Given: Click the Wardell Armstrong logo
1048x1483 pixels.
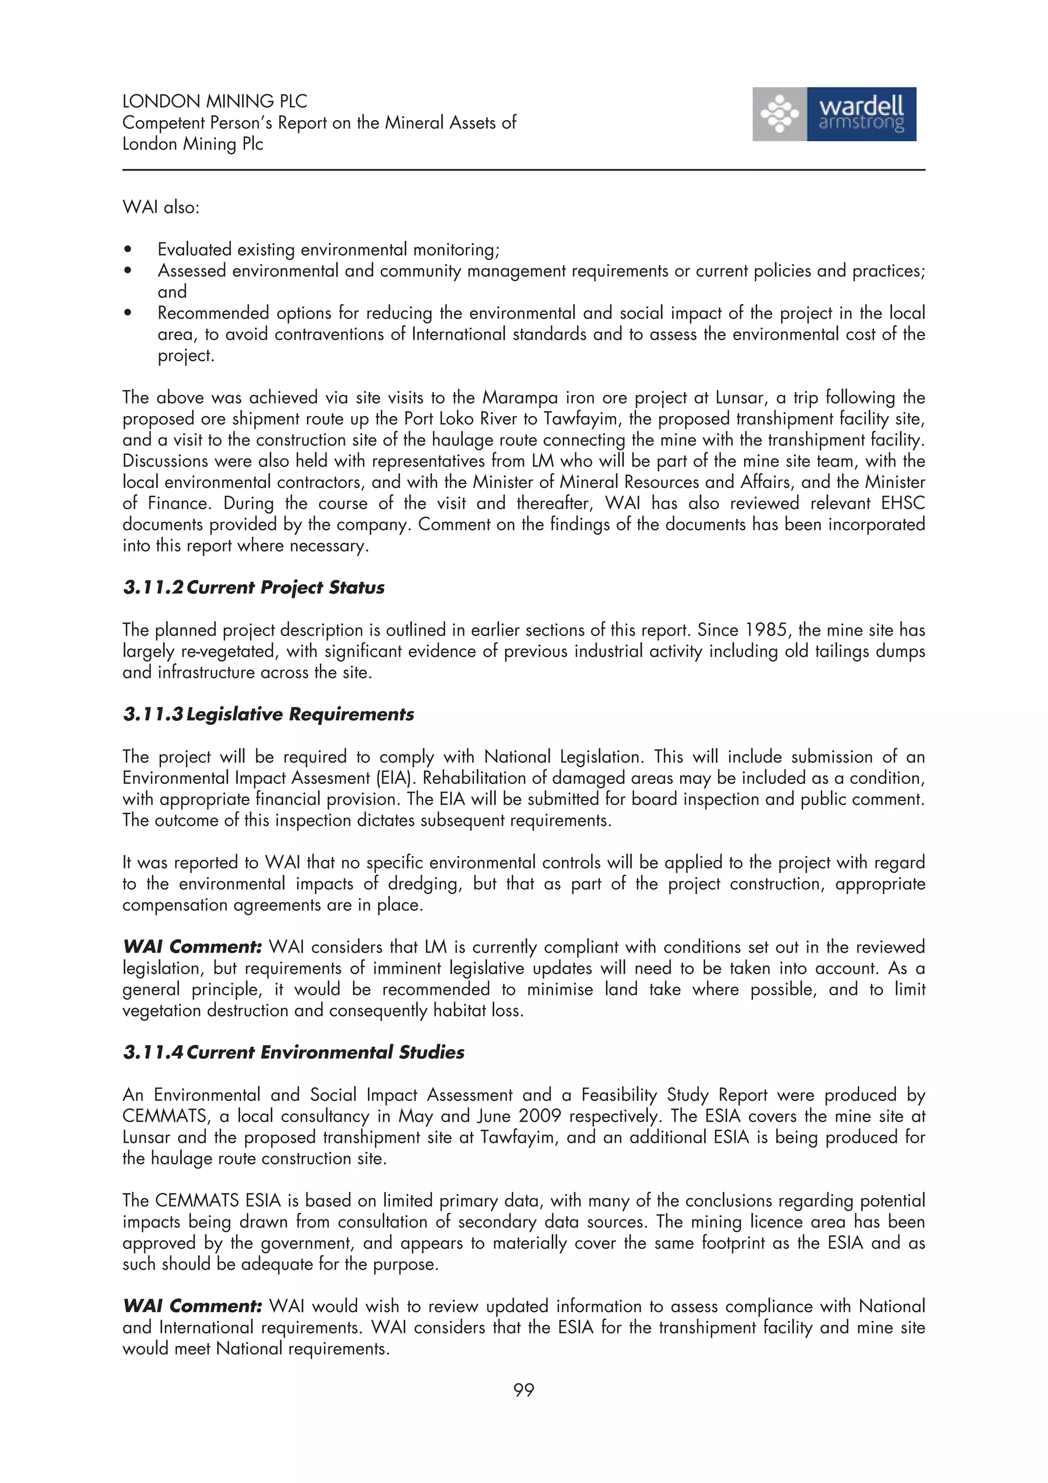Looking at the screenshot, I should [834, 114].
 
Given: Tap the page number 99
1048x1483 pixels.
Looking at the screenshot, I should [523, 1389].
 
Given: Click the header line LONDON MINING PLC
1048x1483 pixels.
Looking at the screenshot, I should [214, 101].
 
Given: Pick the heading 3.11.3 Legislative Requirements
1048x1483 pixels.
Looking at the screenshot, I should [268, 714].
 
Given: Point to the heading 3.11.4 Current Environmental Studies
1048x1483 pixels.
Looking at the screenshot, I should [293, 1052].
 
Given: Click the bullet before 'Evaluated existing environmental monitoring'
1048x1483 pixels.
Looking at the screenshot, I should [128, 250].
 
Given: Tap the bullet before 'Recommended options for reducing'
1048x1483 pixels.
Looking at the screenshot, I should [128, 313].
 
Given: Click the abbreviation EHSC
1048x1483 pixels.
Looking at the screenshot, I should [903, 503].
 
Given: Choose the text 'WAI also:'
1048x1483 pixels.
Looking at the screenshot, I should [161, 207].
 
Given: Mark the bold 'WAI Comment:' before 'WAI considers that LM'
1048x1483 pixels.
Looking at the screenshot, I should [192, 947].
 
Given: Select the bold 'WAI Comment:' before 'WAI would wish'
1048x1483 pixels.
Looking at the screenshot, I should [192, 1306].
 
